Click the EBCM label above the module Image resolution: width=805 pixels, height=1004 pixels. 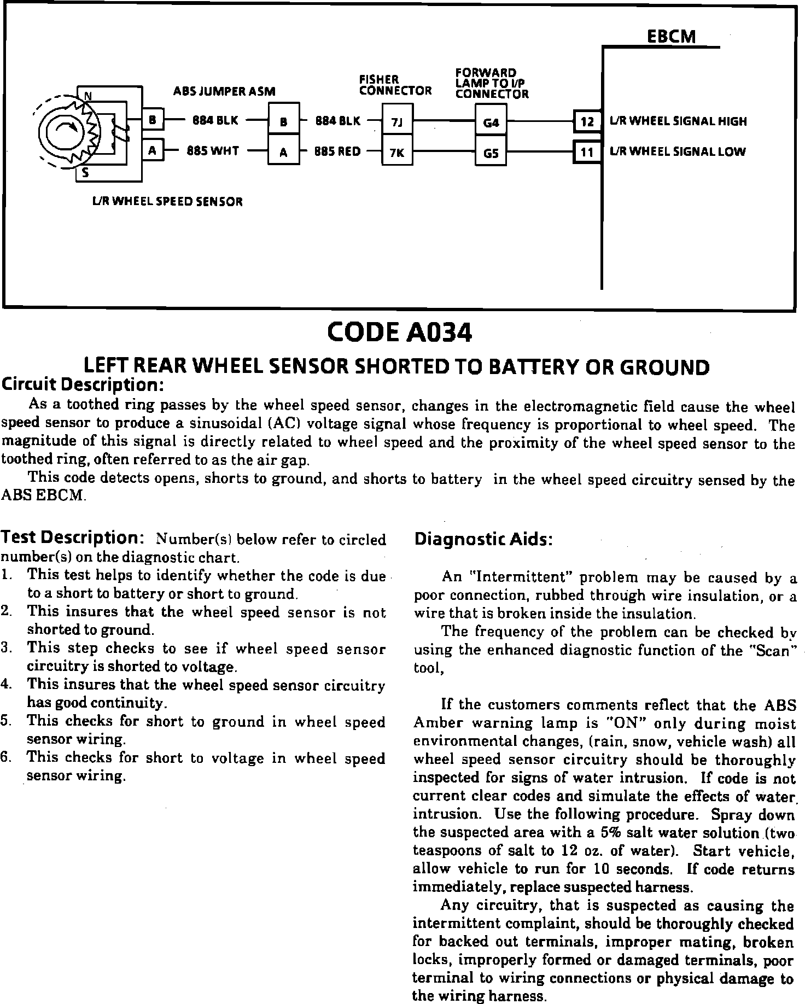pos(671,37)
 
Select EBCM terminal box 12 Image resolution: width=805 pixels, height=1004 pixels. pos(587,121)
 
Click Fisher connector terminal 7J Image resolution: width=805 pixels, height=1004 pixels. pos(397,122)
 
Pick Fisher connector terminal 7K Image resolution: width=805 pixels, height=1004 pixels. pos(397,153)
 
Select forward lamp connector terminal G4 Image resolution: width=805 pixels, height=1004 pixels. pos(491,122)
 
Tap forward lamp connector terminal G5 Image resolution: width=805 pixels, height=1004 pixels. pos(491,153)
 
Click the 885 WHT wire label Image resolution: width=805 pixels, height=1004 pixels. pos(213,151)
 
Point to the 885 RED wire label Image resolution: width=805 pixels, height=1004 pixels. pos(337,151)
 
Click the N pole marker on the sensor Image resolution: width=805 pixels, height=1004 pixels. pos(87,97)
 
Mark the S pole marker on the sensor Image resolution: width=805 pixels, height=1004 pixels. pos(85,174)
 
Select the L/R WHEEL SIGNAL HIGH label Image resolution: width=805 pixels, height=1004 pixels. pos(678,121)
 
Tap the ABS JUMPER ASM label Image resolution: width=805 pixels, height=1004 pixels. pos(224,91)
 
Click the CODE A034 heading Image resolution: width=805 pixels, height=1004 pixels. pos(399,333)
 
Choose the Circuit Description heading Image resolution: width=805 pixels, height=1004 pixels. pos(83,384)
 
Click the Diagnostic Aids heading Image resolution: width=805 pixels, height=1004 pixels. pos(483,540)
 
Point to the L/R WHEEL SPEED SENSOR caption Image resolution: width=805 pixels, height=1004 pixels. pos(167,201)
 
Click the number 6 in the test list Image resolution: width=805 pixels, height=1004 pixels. pos(5,758)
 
